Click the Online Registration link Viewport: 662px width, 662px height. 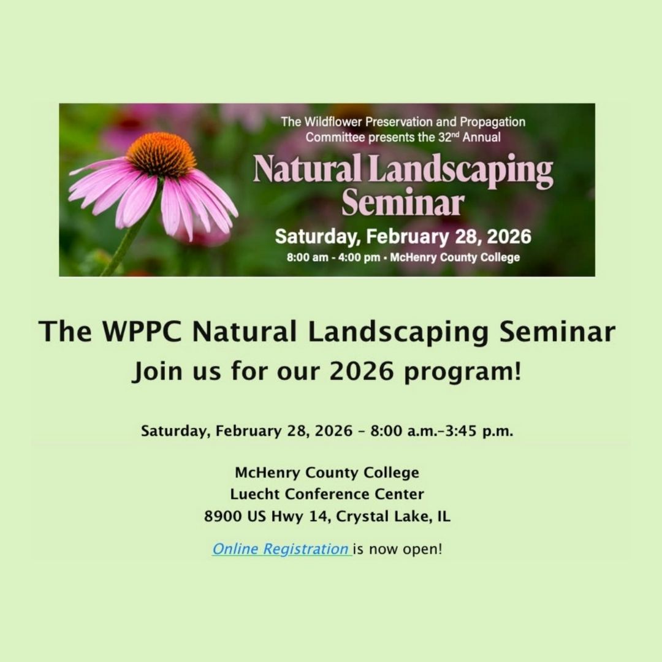click(x=281, y=549)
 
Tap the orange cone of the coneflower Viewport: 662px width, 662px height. click(x=161, y=154)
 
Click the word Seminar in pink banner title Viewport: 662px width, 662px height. click(x=403, y=203)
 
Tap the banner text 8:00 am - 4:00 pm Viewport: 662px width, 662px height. click(x=333, y=257)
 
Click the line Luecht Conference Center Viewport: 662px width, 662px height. click(x=327, y=494)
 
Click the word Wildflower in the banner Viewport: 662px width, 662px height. click(x=333, y=121)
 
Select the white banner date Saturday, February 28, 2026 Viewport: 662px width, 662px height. click(x=403, y=237)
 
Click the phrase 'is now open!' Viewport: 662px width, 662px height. click(x=398, y=549)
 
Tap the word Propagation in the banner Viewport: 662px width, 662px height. click(x=492, y=123)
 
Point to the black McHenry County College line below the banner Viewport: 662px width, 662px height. click(x=327, y=473)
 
